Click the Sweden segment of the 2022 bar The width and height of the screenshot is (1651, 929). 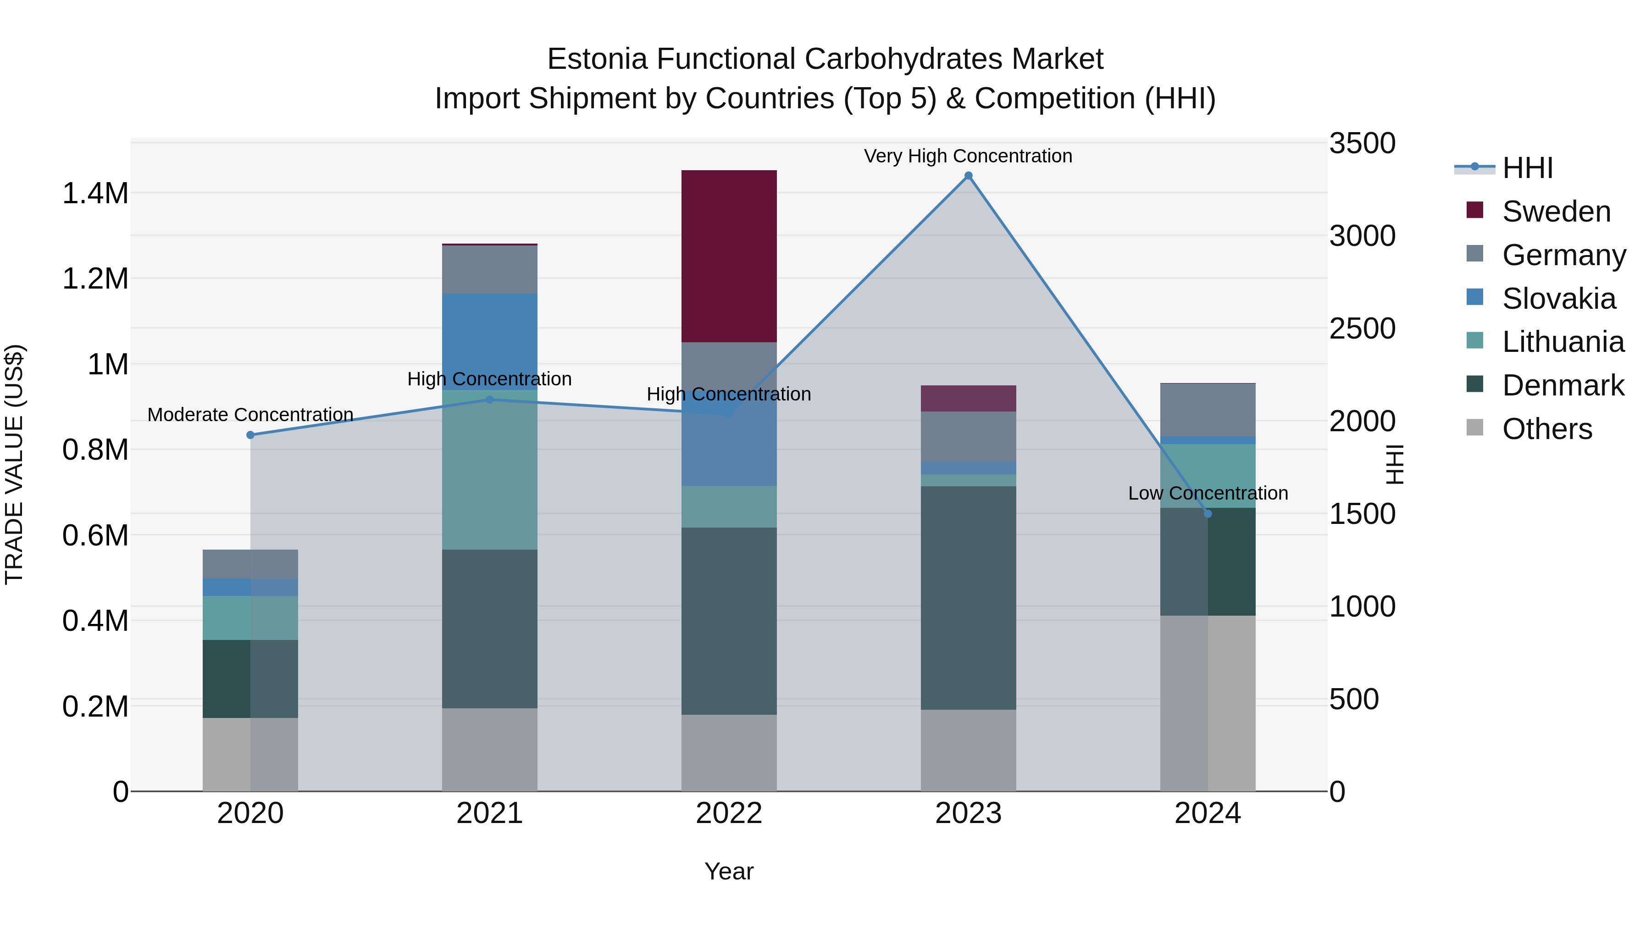729,256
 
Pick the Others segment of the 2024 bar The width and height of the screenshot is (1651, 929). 1208,703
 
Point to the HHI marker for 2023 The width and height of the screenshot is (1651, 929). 969,176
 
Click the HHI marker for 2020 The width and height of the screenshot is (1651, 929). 250,435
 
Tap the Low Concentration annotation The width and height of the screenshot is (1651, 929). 1208,493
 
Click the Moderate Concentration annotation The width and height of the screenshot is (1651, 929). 250,415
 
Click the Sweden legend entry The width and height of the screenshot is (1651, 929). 1556,211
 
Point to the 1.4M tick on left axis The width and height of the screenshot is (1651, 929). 95,193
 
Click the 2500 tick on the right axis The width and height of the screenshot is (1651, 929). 1362,328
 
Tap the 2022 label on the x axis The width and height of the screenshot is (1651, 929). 729,813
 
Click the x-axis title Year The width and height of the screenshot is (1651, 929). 729,871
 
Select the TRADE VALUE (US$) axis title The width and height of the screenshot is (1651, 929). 14,464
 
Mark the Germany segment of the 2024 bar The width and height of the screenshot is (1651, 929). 1208,410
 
